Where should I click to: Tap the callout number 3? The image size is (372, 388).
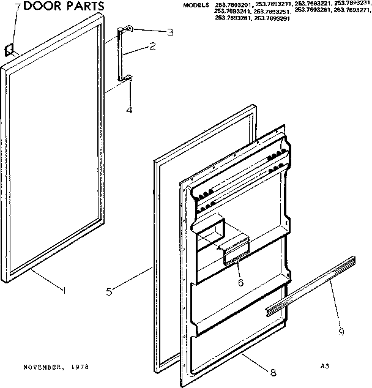click(x=153, y=32)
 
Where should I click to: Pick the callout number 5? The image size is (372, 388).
click(x=108, y=292)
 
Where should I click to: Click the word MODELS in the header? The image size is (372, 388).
click(x=196, y=5)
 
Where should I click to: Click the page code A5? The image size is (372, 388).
click(x=324, y=366)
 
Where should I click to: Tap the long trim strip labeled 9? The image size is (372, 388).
click(x=309, y=288)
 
